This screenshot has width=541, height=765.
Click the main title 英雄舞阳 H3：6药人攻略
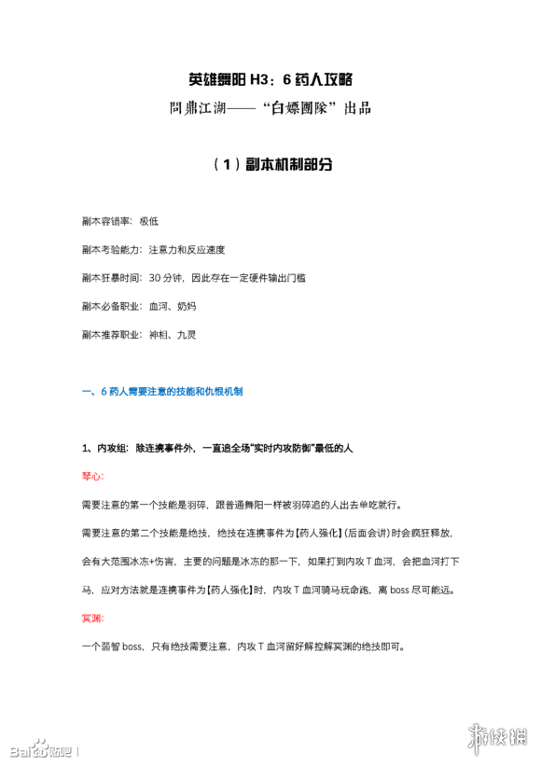click(x=270, y=79)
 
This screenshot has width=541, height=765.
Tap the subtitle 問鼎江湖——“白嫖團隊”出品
click(x=270, y=108)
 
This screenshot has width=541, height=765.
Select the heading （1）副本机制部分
click(x=270, y=165)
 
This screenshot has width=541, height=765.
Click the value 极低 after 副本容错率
click(x=149, y=221)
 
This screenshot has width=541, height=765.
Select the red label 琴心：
click(x=94, y=476)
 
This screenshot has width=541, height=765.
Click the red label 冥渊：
click(x=94, y=617)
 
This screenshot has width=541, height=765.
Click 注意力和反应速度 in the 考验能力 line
click(x=187, y=249)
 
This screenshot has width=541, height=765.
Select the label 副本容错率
click(x=106, y=221)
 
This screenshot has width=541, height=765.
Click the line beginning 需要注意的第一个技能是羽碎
click(x=242, y=505)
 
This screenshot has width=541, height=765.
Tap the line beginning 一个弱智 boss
click(x=243, y=646)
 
